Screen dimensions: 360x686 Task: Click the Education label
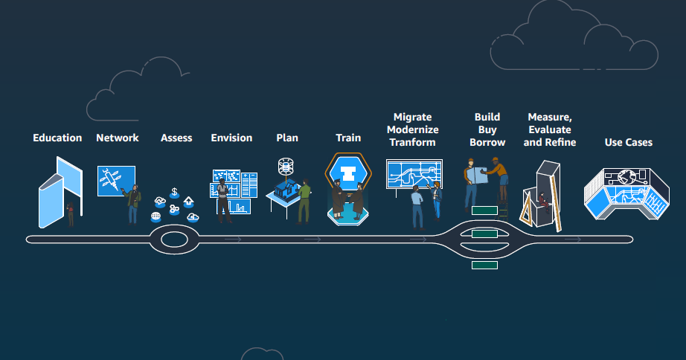point(57,138)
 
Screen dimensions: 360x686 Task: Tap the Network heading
point(118,138)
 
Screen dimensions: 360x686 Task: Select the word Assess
point(176,138)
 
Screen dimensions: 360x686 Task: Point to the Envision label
point(231,138)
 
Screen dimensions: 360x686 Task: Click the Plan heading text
point(287,138)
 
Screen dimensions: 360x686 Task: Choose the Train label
point(348,138)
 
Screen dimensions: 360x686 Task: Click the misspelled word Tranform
point(412,142)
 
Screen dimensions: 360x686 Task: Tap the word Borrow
point(488,142)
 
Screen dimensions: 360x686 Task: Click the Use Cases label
point(629,142)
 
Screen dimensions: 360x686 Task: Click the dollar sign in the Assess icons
point(174,192)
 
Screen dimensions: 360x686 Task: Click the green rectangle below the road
point(484,265)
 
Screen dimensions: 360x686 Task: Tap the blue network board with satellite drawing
point(115,181)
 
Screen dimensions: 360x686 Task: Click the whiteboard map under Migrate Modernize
point(414,178)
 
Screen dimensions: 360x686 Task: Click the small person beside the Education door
point(71,213)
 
